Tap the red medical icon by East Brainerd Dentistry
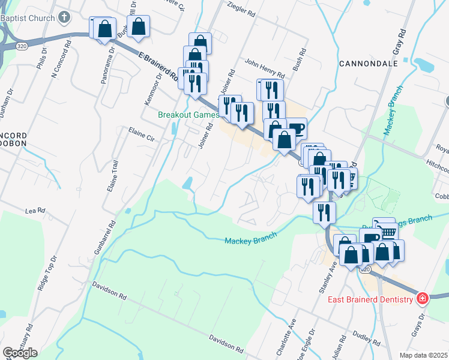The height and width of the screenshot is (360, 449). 422,299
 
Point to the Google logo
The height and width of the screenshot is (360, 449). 20,352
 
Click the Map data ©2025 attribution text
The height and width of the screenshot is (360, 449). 423,355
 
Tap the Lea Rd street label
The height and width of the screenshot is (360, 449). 35,211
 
